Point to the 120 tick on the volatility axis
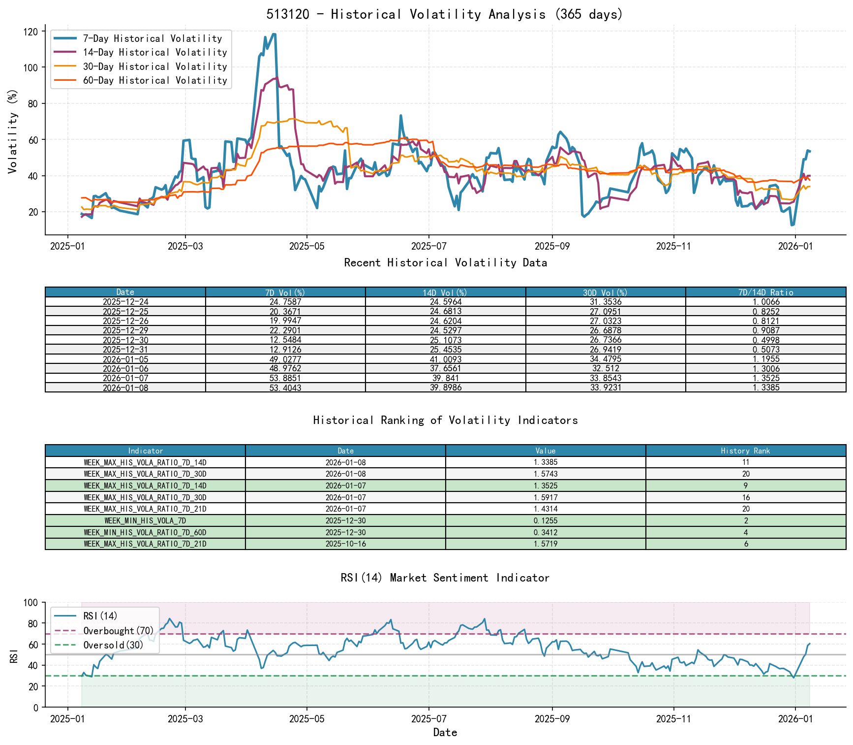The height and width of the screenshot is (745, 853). (x=30, y=32)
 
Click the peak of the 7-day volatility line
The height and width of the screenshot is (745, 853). (x=274, y=34)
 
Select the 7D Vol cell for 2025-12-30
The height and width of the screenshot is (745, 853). (x=285, y=340)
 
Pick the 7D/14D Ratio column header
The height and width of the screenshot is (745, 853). (x=765, y=292)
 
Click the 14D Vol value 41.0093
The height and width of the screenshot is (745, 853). (x=445, y=359)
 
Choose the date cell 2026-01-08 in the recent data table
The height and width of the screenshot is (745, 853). (x=125, y=388)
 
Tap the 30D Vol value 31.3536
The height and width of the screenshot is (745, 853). (x=606, y=302)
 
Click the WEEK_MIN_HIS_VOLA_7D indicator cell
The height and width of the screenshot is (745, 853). (x=145, y=521)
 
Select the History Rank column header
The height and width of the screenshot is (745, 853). (x=745, y=451)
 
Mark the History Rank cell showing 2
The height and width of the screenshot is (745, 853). (x=746, y=521)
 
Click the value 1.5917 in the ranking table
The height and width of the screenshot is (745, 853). (x=546, y=497)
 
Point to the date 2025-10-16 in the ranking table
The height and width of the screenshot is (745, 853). (x=345, y=544)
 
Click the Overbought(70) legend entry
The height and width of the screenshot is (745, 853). (x=118, y=631)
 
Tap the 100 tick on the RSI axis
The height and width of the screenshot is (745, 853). (x=31, y=603)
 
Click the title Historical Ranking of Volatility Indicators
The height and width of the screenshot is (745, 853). (x=445, y=420)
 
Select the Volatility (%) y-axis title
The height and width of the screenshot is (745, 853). (x=12, y=131)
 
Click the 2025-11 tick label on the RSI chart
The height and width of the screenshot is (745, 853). (x=673, y=719)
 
